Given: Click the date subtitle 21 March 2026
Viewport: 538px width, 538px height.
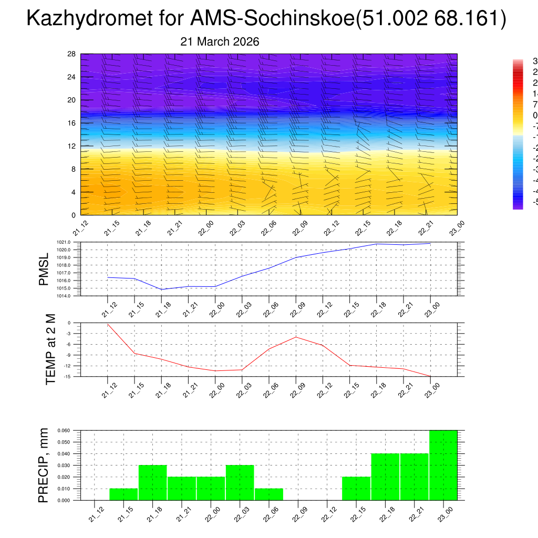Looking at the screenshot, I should click(x=220, y=42).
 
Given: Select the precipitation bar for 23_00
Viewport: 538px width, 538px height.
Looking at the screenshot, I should click(x=443, y=465).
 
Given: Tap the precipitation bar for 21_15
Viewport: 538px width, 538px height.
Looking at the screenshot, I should click(x=123, y=494).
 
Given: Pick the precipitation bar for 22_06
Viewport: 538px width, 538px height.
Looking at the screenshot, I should click(x=269, y=494).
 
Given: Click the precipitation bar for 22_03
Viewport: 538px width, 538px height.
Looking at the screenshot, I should click(x=240, y=483).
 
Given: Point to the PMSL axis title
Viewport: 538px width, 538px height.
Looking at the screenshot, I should click(x=44, y=268).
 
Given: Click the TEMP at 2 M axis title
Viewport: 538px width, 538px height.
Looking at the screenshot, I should click(x=50, y=349).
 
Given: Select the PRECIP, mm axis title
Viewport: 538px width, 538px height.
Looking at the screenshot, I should click(x=44, y=465).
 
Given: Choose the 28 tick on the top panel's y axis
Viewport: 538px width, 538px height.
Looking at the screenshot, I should click(x=72, y=54).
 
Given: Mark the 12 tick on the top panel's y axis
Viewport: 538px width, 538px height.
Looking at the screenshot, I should click(x=72, y=146).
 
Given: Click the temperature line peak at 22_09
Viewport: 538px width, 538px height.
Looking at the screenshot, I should click(x=296, y=337).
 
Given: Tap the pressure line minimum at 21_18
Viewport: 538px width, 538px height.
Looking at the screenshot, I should click(x=162, y=289).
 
